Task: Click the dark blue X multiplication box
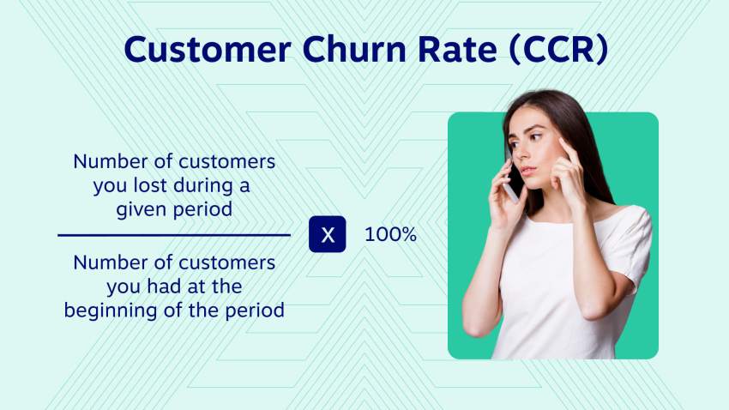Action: [328, 235]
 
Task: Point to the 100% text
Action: [390, 234]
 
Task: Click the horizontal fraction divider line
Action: [174, 234]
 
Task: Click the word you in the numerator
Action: [110, 185]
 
